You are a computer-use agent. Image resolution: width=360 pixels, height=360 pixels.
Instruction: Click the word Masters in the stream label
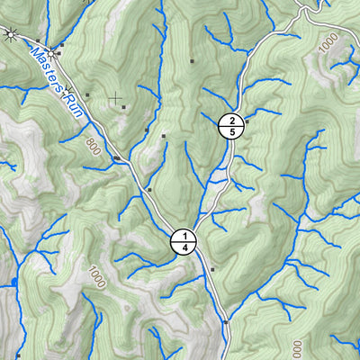tap(47, 68)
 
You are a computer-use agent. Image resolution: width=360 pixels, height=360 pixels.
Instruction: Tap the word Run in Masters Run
tap(71, 103)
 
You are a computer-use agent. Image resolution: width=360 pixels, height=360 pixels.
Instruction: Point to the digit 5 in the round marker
tap(232, 133)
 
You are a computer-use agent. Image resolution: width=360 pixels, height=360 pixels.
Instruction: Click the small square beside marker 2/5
tap(247, 121)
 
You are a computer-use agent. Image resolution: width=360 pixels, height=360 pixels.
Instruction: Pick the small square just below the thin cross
tap(124, 108)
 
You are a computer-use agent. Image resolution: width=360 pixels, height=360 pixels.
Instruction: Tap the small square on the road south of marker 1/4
tap(212, 269)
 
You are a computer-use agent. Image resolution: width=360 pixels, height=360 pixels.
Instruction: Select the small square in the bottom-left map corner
tap(17, 355)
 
